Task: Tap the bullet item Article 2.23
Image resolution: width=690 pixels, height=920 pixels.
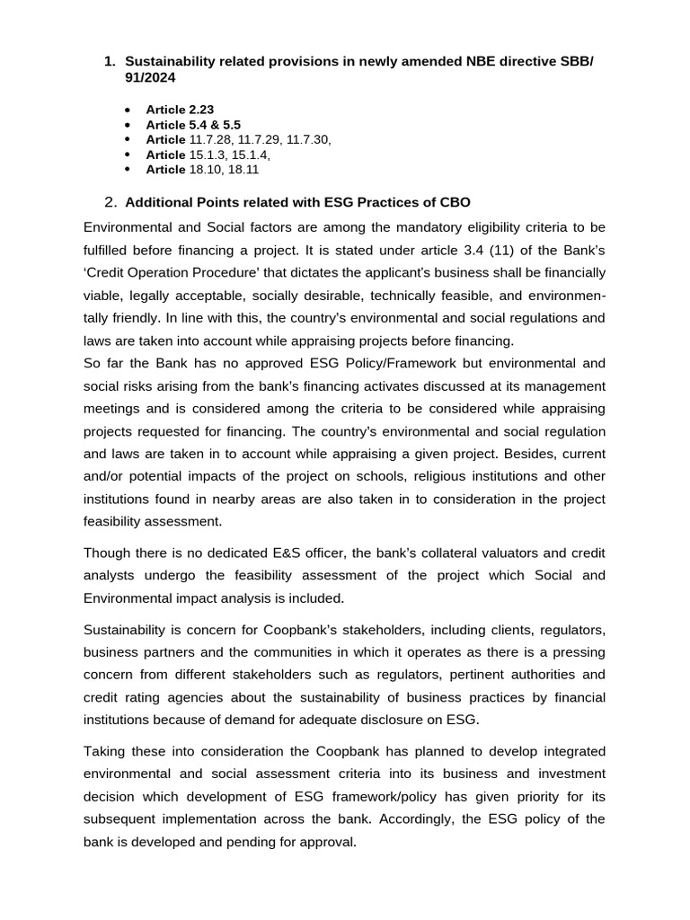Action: (x=180, y=110)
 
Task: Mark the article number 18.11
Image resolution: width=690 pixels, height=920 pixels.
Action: (x=243, y=169)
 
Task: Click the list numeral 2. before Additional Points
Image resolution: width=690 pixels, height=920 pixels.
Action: (x=111, y=201)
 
